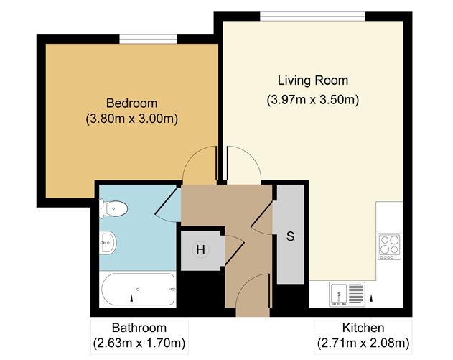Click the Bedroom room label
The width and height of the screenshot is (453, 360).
pyautogui.click(x=131, y=103)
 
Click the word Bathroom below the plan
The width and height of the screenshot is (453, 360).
pyautogui.click(x=139, y=327)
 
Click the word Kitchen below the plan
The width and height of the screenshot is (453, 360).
pyautogui.click(x=363, y=327)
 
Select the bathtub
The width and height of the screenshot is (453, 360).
pyautogui.click(x=138, y=290)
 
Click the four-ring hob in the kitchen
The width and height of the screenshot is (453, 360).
pyautogui.click(x=390, y=245)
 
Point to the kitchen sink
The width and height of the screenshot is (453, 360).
pyautogui.click(x=347, y=292)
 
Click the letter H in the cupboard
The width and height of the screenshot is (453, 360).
pyautogui.click(x=201, y=250)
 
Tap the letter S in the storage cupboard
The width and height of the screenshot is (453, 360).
pyautogui.click(x=291, y=236)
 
